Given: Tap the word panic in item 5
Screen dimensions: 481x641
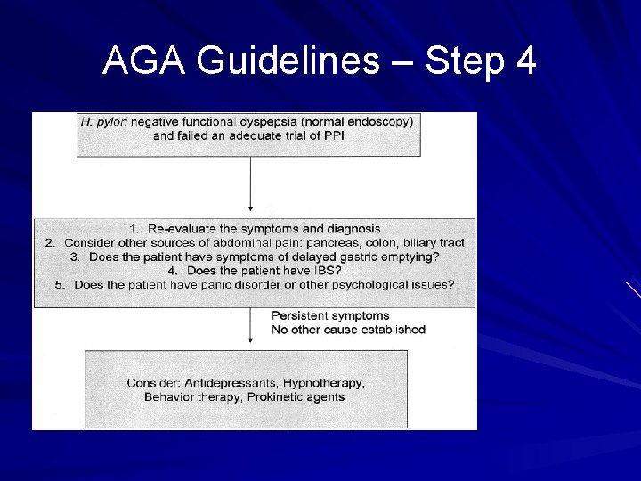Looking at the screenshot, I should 224,284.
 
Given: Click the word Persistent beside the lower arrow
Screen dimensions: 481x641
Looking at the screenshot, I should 300,315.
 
